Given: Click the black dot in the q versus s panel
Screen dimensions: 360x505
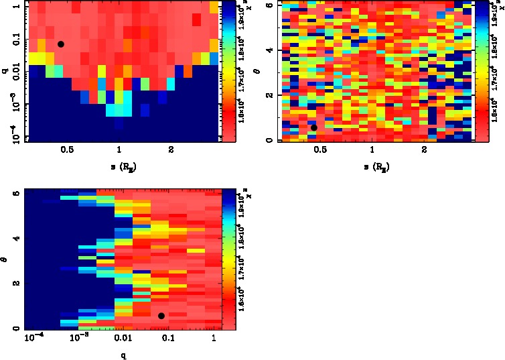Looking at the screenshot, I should click(61, 44).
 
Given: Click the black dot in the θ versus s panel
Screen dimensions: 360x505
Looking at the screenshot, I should click(314, 127).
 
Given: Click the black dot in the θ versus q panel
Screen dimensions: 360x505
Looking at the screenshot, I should click(161, 316).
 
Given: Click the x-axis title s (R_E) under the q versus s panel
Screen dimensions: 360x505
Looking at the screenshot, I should click(120, 165).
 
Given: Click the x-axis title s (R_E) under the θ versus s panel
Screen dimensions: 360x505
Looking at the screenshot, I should click(373, 165).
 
